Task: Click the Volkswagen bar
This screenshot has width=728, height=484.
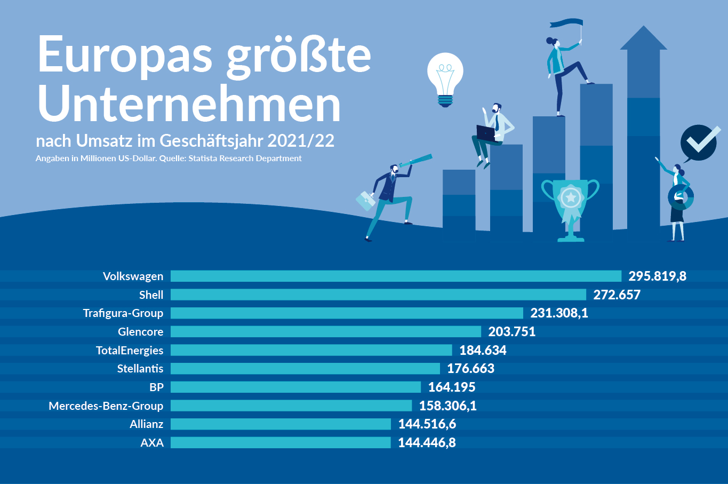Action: click(396, 276)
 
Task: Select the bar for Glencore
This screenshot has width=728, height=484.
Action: click(325, 331)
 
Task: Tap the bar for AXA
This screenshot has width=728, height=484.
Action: click(281, 442)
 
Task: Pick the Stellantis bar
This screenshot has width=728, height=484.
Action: click(305, 368)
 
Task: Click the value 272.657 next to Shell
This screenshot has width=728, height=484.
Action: click(617, 295)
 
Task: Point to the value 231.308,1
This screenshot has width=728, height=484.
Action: click(559, 313)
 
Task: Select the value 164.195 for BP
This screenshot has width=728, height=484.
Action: click(452, 387)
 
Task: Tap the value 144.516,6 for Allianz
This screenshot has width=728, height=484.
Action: click(427, 424)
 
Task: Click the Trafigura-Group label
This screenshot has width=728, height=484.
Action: click(123, 313)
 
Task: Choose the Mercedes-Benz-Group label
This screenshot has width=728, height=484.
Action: click(106, 406)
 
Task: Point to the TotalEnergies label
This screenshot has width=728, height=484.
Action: click(130, 350)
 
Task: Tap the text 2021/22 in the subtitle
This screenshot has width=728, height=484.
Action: click(301, 140)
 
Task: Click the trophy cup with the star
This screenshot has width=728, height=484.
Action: click(570, 205)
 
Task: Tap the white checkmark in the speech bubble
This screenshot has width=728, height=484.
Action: click(700, 141)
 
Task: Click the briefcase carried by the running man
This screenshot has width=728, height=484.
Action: click(366, 201)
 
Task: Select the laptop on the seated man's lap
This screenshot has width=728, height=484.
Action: click(486, 133)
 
